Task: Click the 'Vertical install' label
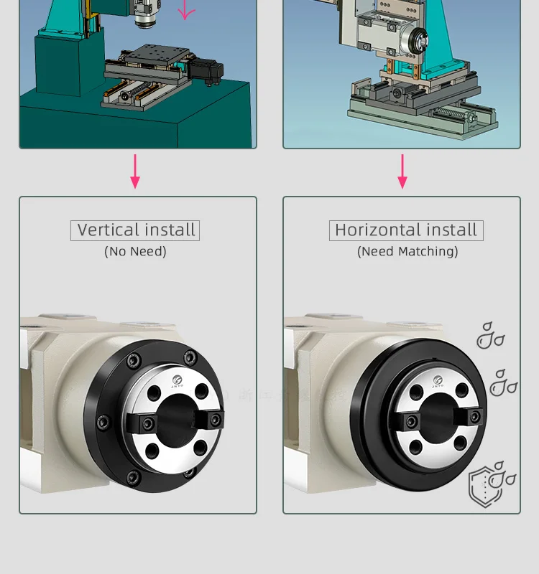(135, 230)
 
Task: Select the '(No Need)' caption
(135, 251)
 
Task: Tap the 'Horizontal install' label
(406, 230)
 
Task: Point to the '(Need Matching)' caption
(407, 251)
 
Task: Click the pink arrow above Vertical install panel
(135, 171)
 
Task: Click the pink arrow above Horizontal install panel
(402, 171)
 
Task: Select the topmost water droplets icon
(490, 335)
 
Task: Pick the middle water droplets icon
(503, 383)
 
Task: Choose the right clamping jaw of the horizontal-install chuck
(475, 418)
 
